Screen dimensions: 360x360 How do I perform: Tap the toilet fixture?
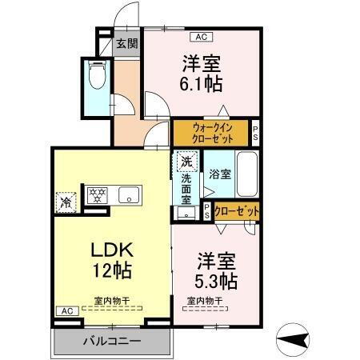[98, 75]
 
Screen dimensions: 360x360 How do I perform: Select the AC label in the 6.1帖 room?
[201, 36]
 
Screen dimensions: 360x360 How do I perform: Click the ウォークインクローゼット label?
[212, 131]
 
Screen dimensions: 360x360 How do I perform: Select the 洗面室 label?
[186, 191]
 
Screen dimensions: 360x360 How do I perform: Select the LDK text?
[110, 249]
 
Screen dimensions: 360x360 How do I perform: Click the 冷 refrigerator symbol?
[65, 202]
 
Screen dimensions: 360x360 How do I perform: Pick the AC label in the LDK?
[66, 311]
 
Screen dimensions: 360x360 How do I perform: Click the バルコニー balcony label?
[113, 341]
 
